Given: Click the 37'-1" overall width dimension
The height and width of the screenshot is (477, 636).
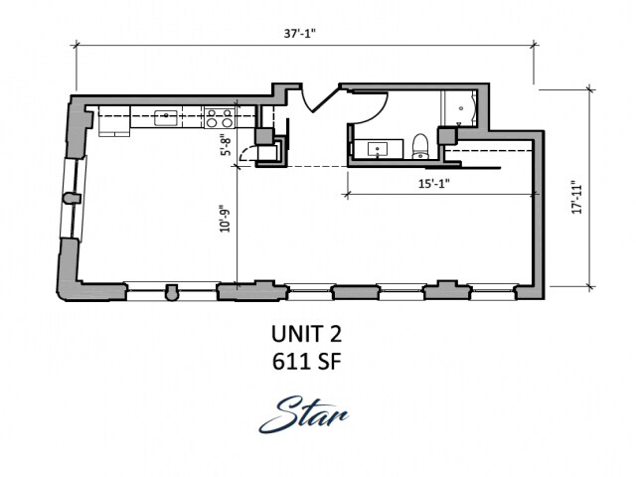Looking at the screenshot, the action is tap(299, 33).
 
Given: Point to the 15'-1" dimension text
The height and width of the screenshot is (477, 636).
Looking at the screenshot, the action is tap(434, 184).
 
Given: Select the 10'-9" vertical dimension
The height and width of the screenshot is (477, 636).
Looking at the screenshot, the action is tap(225, 221).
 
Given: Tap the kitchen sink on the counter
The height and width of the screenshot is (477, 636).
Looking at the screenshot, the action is tap(166, 118).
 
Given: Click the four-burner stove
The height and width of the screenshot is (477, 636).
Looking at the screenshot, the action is tap(219, 117).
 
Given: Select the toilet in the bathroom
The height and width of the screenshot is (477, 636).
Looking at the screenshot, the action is tap(420, 146).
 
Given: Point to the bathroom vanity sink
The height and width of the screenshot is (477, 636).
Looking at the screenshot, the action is tap(378, 149).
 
